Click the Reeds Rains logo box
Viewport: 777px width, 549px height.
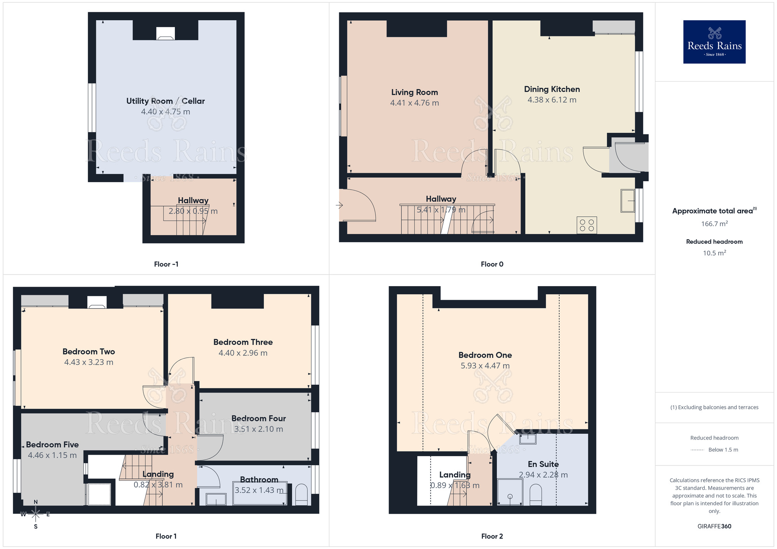[x=714, y=42]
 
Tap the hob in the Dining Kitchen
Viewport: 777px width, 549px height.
[x=587, y=225]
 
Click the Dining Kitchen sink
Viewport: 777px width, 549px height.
[x=627, y=200]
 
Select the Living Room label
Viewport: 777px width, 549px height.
[x=414, y=92]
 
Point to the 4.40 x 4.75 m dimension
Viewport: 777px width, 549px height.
[x=166, y=112]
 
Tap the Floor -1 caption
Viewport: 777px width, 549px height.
[x=166, y=264]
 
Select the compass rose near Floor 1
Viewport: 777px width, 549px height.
[x=36, y=514]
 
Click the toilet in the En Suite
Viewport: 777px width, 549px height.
[x=535, y=495]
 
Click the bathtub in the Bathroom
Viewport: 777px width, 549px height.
[x=260, y=493]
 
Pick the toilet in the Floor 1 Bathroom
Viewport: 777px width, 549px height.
[x=301, y=495]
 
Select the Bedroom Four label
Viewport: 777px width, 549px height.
[x=258, y=419]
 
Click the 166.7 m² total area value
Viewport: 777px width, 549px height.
[x=714, y=224]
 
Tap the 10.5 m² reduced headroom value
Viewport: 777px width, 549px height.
[x=714, y=253]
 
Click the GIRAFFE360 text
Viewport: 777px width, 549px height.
[x=714, y=526]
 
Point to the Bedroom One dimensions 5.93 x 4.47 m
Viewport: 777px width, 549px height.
[x=485, y=366]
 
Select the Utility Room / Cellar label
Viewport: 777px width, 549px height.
[x=166, y=101]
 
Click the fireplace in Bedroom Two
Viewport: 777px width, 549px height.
[x=97, y=302]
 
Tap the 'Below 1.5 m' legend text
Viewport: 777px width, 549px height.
[x=723, y=450]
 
